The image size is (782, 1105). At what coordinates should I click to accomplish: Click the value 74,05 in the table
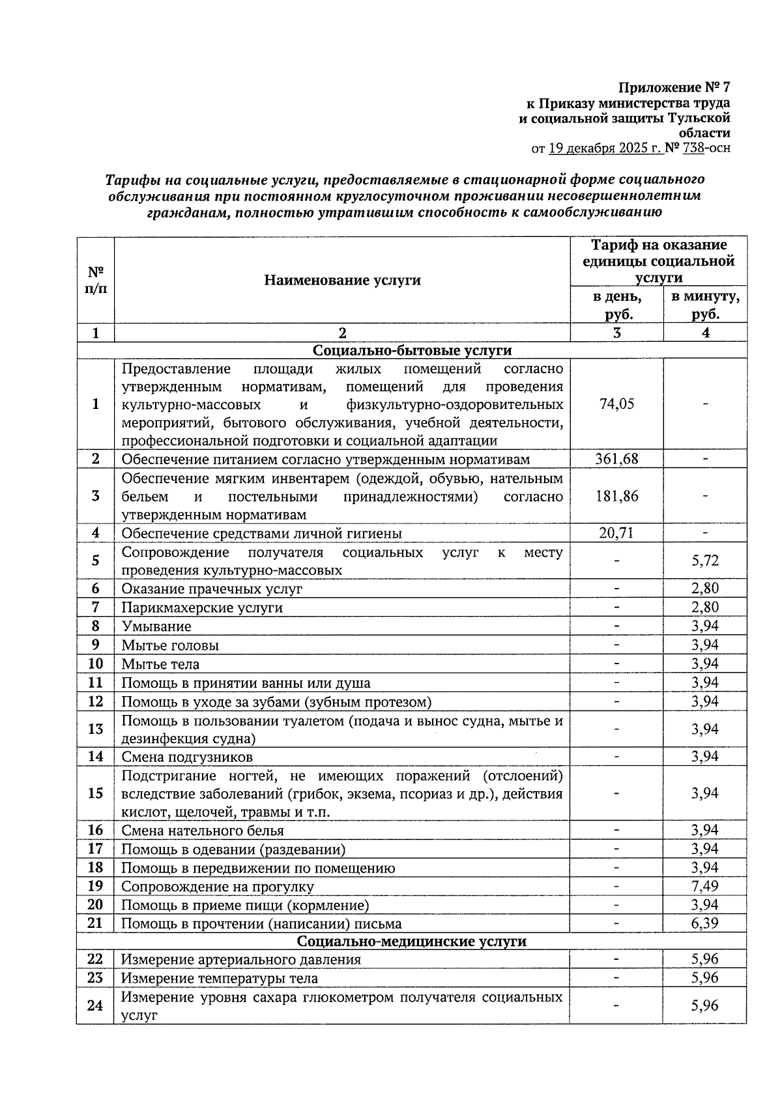[x=616, y=404]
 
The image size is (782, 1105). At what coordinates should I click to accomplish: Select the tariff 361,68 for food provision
[x=616, y=459]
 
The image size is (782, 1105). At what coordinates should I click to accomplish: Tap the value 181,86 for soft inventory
[x=616, y=496]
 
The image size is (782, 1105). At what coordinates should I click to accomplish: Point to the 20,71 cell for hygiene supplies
[x=616, y=533]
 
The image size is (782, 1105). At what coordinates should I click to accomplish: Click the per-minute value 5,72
[x=705, y=561]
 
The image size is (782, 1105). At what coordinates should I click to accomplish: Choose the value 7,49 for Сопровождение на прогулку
[x=705, y=886]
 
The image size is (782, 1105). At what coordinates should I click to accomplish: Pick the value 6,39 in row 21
[x=705, y=923]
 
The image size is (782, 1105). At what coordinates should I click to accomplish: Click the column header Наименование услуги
[x=342, y=280]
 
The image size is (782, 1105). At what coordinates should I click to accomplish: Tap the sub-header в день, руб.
[x=616, y=305]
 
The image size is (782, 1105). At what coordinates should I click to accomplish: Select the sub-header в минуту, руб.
[x=705, y=305]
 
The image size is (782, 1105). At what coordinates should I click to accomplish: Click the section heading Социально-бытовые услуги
[x=412, y=350]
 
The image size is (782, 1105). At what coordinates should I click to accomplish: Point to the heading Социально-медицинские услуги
[x=412, y=942]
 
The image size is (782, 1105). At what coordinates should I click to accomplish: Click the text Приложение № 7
[x=674, y=87]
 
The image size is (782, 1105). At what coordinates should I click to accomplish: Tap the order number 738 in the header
[x=693, y=148]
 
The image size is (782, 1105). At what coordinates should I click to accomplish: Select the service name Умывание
[x=156, y=626]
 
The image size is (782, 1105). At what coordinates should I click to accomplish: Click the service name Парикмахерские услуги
[x=202, y=608]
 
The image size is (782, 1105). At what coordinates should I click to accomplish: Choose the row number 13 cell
[x=95, y=729]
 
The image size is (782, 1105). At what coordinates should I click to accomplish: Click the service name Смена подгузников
[x=187, y=757]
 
